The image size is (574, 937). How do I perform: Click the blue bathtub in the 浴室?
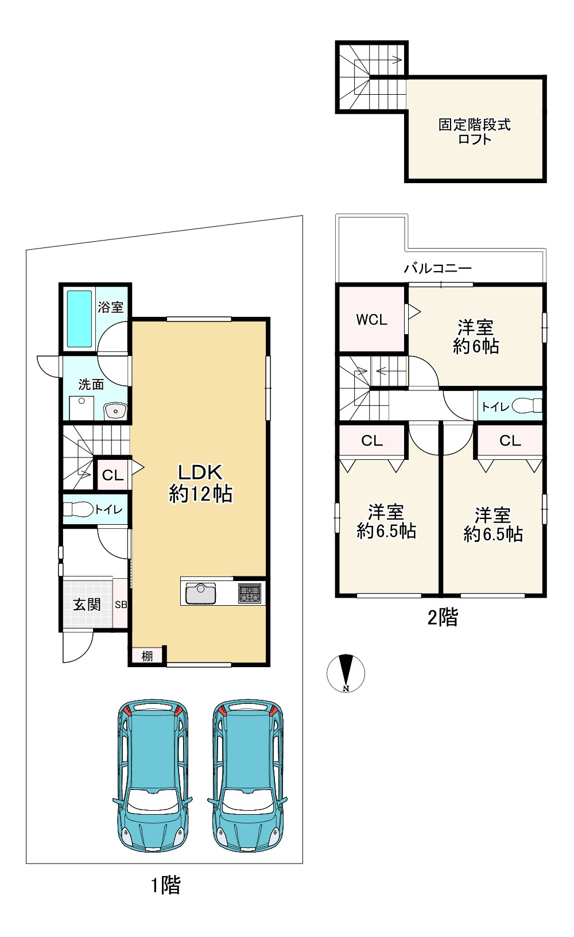pyautogui.click(x=79, y=319)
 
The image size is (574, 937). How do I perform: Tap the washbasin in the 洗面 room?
pyautogui.click(x=115, y=411)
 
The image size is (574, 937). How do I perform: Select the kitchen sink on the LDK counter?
pyautogui.click(x=200, y=593)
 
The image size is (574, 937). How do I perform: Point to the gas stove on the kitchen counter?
pyautogui.click(x=250, y=593)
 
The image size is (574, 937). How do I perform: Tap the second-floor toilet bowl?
pyautogui.click(x=526, y=405)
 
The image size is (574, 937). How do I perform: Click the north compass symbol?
pyautogui.click(x=346, y=673)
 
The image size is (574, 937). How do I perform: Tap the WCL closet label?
pyautogui.click(x=371, y=320)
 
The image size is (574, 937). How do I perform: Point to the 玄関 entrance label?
pyautogui.click(x=87, y=605)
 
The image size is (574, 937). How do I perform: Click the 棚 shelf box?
pyautogui.click(x=147, y=656)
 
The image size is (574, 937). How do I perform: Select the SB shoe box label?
pyautogui.click(x=121, y=605)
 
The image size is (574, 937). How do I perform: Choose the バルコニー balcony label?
pyautogui.click(x=438, y=268)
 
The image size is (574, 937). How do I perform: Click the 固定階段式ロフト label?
pyautogui.click(x=475, y=131)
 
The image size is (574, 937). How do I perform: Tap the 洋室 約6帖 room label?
pyautogui.click(x=476, y=337)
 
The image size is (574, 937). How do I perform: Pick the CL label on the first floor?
pyautogui.click(x=113, y=475)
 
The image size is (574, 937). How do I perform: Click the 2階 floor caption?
pyautogui.click(x=443, y=617)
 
